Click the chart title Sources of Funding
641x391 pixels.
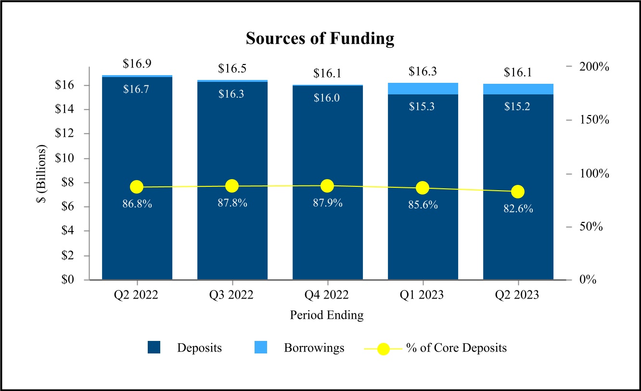[320, 39]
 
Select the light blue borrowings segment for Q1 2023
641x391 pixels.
[423, 89]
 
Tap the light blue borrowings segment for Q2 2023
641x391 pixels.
[518, 89]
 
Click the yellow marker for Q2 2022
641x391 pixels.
[137, 187]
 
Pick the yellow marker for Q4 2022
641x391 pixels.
[327, 186]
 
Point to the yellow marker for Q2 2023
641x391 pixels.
[518, 192]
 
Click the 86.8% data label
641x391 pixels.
[137, 204]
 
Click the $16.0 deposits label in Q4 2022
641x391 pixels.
[328, 98]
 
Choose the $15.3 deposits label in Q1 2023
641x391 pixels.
[423, 107]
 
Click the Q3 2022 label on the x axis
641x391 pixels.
[232, 295]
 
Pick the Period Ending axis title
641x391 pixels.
[327, 315]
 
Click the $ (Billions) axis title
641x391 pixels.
[42, 173]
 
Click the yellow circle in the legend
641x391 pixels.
[383, 348]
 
